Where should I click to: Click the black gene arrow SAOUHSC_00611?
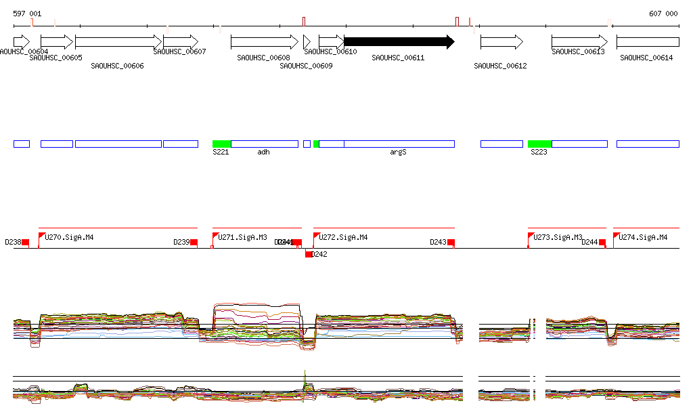tap(399, 42)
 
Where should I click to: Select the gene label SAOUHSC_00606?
tap(117, 66)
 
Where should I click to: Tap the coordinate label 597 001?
tap(27, 14)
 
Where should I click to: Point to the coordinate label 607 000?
tap(663, 14)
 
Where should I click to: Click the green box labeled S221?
tap(221, 144)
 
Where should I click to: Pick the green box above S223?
tap(539, 144)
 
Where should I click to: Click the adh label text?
tap(263, 152)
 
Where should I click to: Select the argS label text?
tap(398, 152)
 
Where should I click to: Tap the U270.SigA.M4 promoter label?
tap(69, 237)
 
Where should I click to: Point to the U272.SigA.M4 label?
tap(343, 237)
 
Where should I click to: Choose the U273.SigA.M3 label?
tap(558, 237)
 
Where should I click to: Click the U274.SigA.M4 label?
tap(643, 237)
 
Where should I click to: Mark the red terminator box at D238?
tap(26, 243)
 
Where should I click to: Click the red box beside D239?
tap(194, 243)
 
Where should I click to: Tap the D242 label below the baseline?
tap(319, 255)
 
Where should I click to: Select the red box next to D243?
tap(451, 243)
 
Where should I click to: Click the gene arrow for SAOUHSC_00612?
tap(501, 42)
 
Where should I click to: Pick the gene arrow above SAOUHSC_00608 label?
tap(264, 42)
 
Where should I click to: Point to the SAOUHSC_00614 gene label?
tap(646, 58)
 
